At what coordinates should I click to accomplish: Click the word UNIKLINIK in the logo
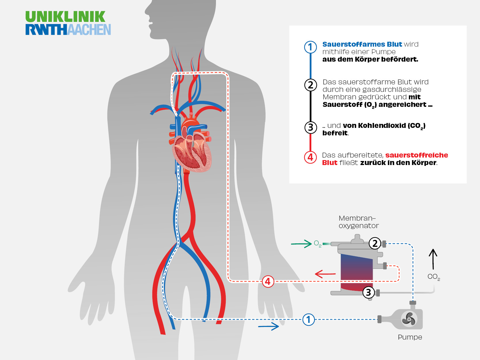pos(65,17)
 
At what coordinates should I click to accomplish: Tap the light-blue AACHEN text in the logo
pos(89,30)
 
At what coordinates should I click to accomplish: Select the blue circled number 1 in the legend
pos(310,47)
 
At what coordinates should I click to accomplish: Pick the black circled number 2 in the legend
pos(310,85)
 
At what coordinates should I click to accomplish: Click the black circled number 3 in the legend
pos(310,127)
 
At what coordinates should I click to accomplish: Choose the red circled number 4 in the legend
pos(310,157)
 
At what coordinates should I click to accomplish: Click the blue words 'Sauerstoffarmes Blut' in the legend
pos(362,44)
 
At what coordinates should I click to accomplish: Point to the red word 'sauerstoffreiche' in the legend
pos(416,155)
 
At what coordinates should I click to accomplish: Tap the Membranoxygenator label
pos(358,222)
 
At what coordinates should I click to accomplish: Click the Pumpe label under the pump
pos(410,337)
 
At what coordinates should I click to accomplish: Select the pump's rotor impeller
pos(409,319)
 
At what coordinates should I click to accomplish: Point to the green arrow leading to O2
pos(301,244)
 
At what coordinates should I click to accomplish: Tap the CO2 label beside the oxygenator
pos(433,277)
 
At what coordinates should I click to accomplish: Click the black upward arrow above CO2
pos(433,259)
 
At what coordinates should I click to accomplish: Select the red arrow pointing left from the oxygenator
pos(325,274)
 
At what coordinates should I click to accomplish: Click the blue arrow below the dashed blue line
pos(268,326)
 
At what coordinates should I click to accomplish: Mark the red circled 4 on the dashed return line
pos(268,281)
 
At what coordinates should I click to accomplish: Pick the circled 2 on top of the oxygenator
pos(375,243)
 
